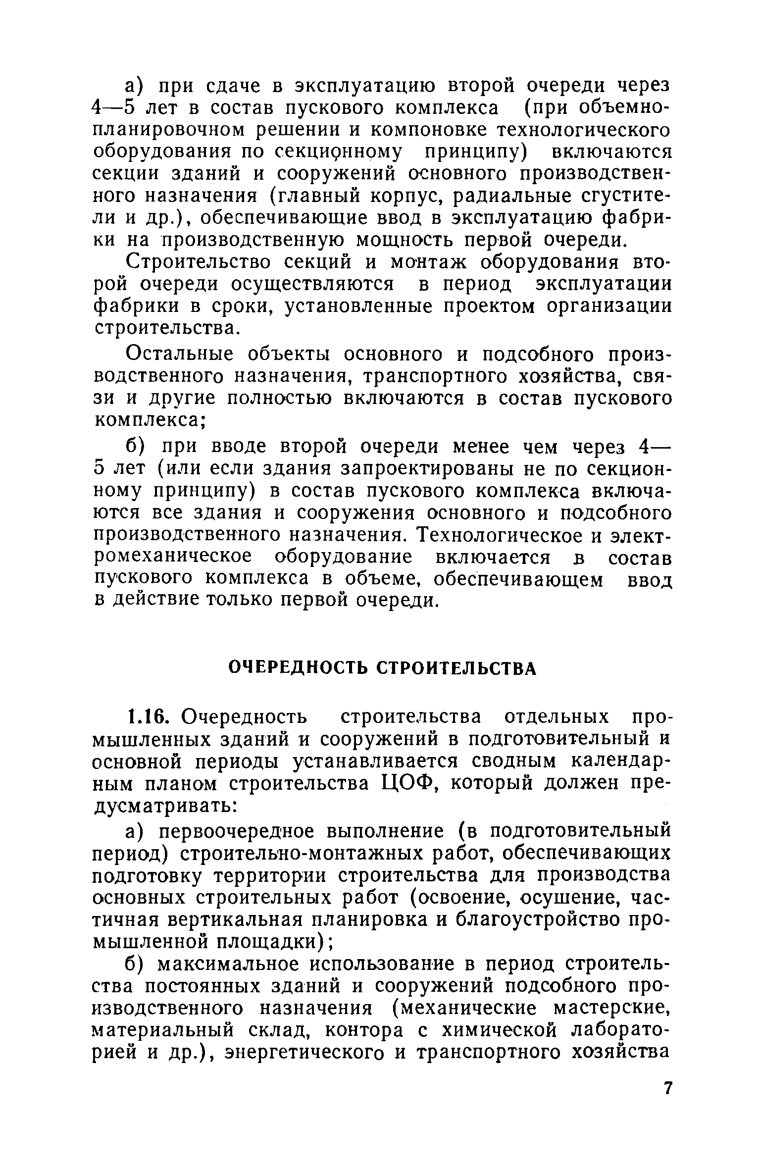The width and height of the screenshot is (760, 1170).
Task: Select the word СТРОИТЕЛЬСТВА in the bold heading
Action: click(x=457, y=669)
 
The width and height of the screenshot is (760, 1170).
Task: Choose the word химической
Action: click(x=497, y=1030)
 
